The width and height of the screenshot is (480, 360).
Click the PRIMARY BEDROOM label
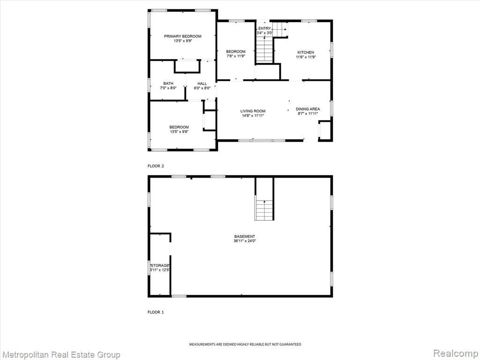[x=183, y=37]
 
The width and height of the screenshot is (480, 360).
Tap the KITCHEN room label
[x=306, y=52]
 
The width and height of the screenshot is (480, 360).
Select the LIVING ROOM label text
[x=253, y=111]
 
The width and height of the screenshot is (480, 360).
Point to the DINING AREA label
[x=307, y=109]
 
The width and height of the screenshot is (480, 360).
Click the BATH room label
[x=168, y=83]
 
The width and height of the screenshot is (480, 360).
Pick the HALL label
[x=202, y=83]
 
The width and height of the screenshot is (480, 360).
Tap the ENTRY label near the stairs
[x=264, y=29]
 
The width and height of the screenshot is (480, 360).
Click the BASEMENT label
[x=245, y=236]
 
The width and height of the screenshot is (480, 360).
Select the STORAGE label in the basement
[x=160, y=265]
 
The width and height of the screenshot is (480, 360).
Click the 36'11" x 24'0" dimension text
[x=245, y=241]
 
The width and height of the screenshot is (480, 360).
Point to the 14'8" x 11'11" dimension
[x=253, y=116]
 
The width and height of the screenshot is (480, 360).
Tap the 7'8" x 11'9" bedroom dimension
[x=236, y=56]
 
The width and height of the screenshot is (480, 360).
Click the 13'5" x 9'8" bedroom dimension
[x=179, y=132]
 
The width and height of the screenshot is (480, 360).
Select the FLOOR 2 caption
[x=156, y=166]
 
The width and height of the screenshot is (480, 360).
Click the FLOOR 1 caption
[x=156, y=312]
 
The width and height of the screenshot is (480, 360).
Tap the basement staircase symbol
[x=264, y=210]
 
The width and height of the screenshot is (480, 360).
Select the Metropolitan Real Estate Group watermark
[x=60, y=355]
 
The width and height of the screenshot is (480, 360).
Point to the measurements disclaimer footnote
[x=245, y=345]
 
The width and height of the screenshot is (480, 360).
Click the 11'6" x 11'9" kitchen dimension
[x=306, y=57]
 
